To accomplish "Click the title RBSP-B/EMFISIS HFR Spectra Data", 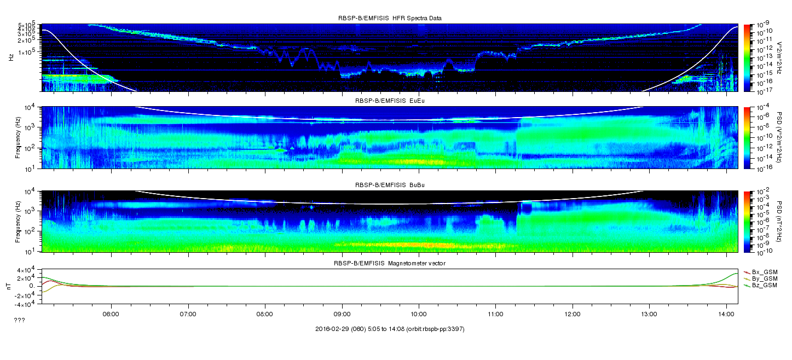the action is coord(390,18).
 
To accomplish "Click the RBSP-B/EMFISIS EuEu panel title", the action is coord(390,101).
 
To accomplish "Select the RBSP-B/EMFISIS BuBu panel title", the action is coord(390,185).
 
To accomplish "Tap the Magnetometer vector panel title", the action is coord(390,263).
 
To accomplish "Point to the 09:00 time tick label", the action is coord(342,314).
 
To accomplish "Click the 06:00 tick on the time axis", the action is coord(111,314).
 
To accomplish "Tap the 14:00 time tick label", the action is coord(726,314).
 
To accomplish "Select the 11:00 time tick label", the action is coord(496,314).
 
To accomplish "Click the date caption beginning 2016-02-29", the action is coord(390,329).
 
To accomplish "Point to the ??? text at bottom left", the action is coord(20,320).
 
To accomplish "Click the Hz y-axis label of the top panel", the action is coord(11,57).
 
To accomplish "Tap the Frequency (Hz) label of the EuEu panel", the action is coord(18,137).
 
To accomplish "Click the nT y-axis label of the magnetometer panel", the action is coord(9,286).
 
